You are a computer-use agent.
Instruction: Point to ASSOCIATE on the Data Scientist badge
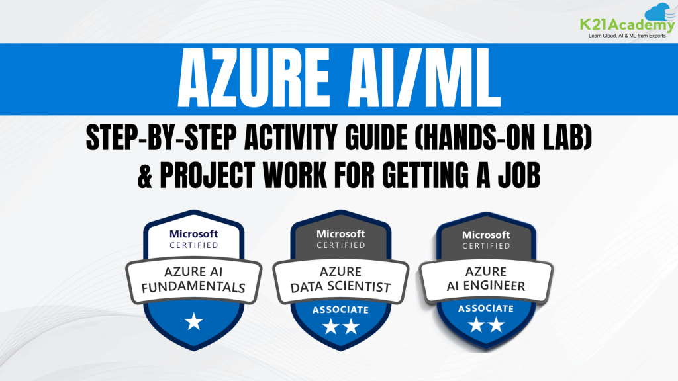(340, 309)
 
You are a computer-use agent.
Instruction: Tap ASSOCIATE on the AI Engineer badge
(486, 308)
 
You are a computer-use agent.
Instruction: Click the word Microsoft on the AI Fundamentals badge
(193, 233)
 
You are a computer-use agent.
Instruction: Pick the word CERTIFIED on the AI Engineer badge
(486, 246)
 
